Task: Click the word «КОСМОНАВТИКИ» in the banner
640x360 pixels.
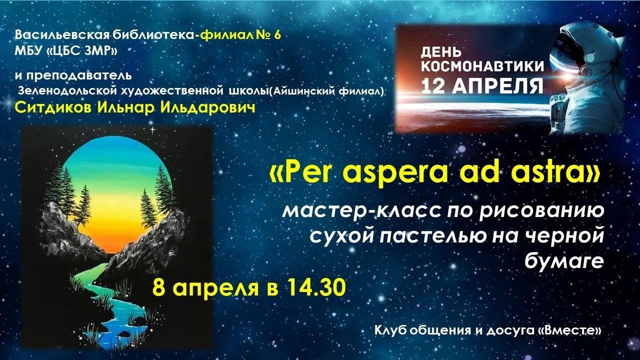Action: click(482, 66)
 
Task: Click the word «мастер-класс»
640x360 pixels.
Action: click(363, 211)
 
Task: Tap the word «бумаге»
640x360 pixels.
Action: click(564, 261)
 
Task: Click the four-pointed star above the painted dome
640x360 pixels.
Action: click(153, 130)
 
